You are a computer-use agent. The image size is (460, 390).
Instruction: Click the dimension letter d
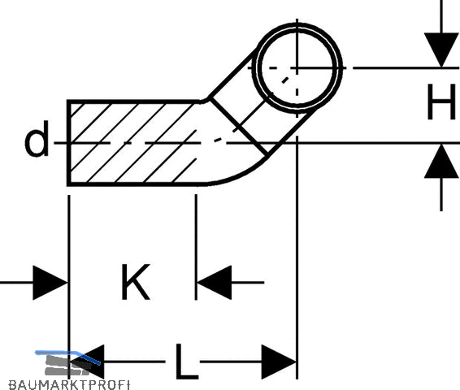click(37, 139)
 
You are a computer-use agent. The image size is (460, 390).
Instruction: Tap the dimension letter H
click(441, 102)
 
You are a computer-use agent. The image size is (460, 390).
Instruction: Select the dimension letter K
click(136, 281)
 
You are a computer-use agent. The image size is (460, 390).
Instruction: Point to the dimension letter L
click(187, 362)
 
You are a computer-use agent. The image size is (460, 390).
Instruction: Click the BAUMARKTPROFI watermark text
click(69, 385)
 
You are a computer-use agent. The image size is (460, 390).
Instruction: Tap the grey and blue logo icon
click(68, 362)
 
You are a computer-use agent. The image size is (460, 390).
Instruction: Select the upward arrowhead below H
click(441, 161)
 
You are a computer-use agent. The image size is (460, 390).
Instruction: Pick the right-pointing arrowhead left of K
click(50, 283)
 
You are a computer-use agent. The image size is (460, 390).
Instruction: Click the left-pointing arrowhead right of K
click(214, 283)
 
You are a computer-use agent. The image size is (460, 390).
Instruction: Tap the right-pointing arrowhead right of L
click(279, 362)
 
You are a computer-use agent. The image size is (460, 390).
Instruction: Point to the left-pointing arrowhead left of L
click(87, 362)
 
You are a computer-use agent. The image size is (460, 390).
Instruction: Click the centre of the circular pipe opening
click(297, 67)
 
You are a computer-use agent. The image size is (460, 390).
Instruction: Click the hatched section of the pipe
click(132, 143)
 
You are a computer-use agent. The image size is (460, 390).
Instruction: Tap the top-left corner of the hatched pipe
click(68, 102)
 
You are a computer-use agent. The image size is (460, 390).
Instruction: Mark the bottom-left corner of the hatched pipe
click(68, 184)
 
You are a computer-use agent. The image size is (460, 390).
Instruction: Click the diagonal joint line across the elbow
click(238, 126)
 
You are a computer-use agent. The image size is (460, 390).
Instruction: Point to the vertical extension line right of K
click(196, 247)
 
